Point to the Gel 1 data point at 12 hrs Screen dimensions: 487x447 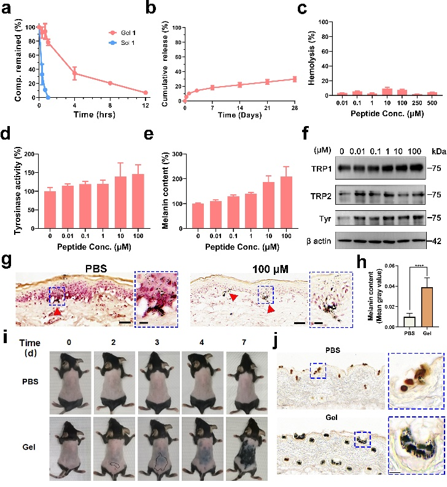point(146,92)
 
